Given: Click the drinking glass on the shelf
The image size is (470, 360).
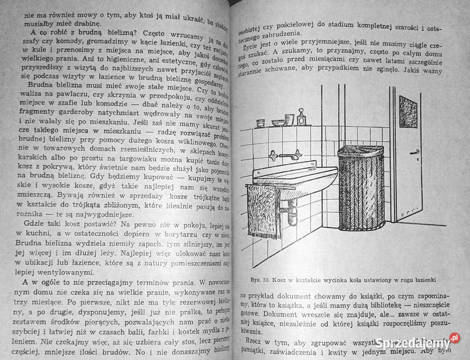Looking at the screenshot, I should pyautogui.click(x=289, y=120).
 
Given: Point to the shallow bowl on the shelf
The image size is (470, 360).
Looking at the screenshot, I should pyautogui.click(x=277, y=122).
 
